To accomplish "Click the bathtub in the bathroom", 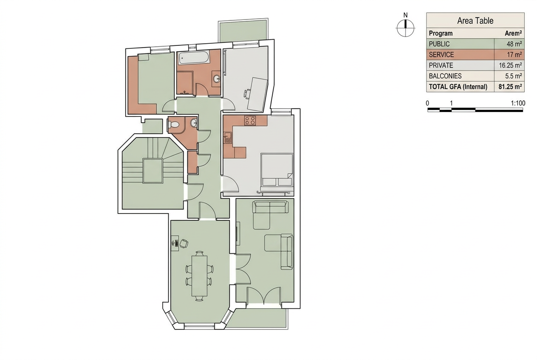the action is pyautogui.click(x=193, y=57).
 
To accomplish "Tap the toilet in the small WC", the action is pyautogui.click(x=173, y=124).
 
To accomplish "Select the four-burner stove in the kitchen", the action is pyautogui.click(x=250, y=121).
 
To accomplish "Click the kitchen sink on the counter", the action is pyautogui.click(x=228, y=138).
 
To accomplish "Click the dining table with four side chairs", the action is pyautogui.click(x=199, y=276).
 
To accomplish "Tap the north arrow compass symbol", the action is pyautogui.click(x=405, y=28).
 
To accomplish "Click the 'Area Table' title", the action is pyautogui.click(x=475, y=21).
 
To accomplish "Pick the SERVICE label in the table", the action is pyautogui.click(x=441, y=55).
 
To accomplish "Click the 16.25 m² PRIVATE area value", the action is pyautogui.click(x=510, y=65).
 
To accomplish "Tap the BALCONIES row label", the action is pyautogui.click(x=445, y=76).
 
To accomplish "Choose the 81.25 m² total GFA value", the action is pyautogui.click(x=510, y=87).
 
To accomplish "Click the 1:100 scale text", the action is pyautogui.click(x=518, y=103).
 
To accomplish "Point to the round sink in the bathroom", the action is pyautogui.click(x=217, y=79).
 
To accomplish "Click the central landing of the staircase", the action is pyautogui.click(x=153, y=171).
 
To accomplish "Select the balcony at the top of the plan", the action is pyautogui.click(x=243, y=31).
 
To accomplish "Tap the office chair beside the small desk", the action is pyautogui.click(x=184, y=244).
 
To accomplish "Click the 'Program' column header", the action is pyautogui.click(x=441, y=33).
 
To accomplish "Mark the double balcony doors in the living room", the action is pyautogui.click(x=263, y=296).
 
